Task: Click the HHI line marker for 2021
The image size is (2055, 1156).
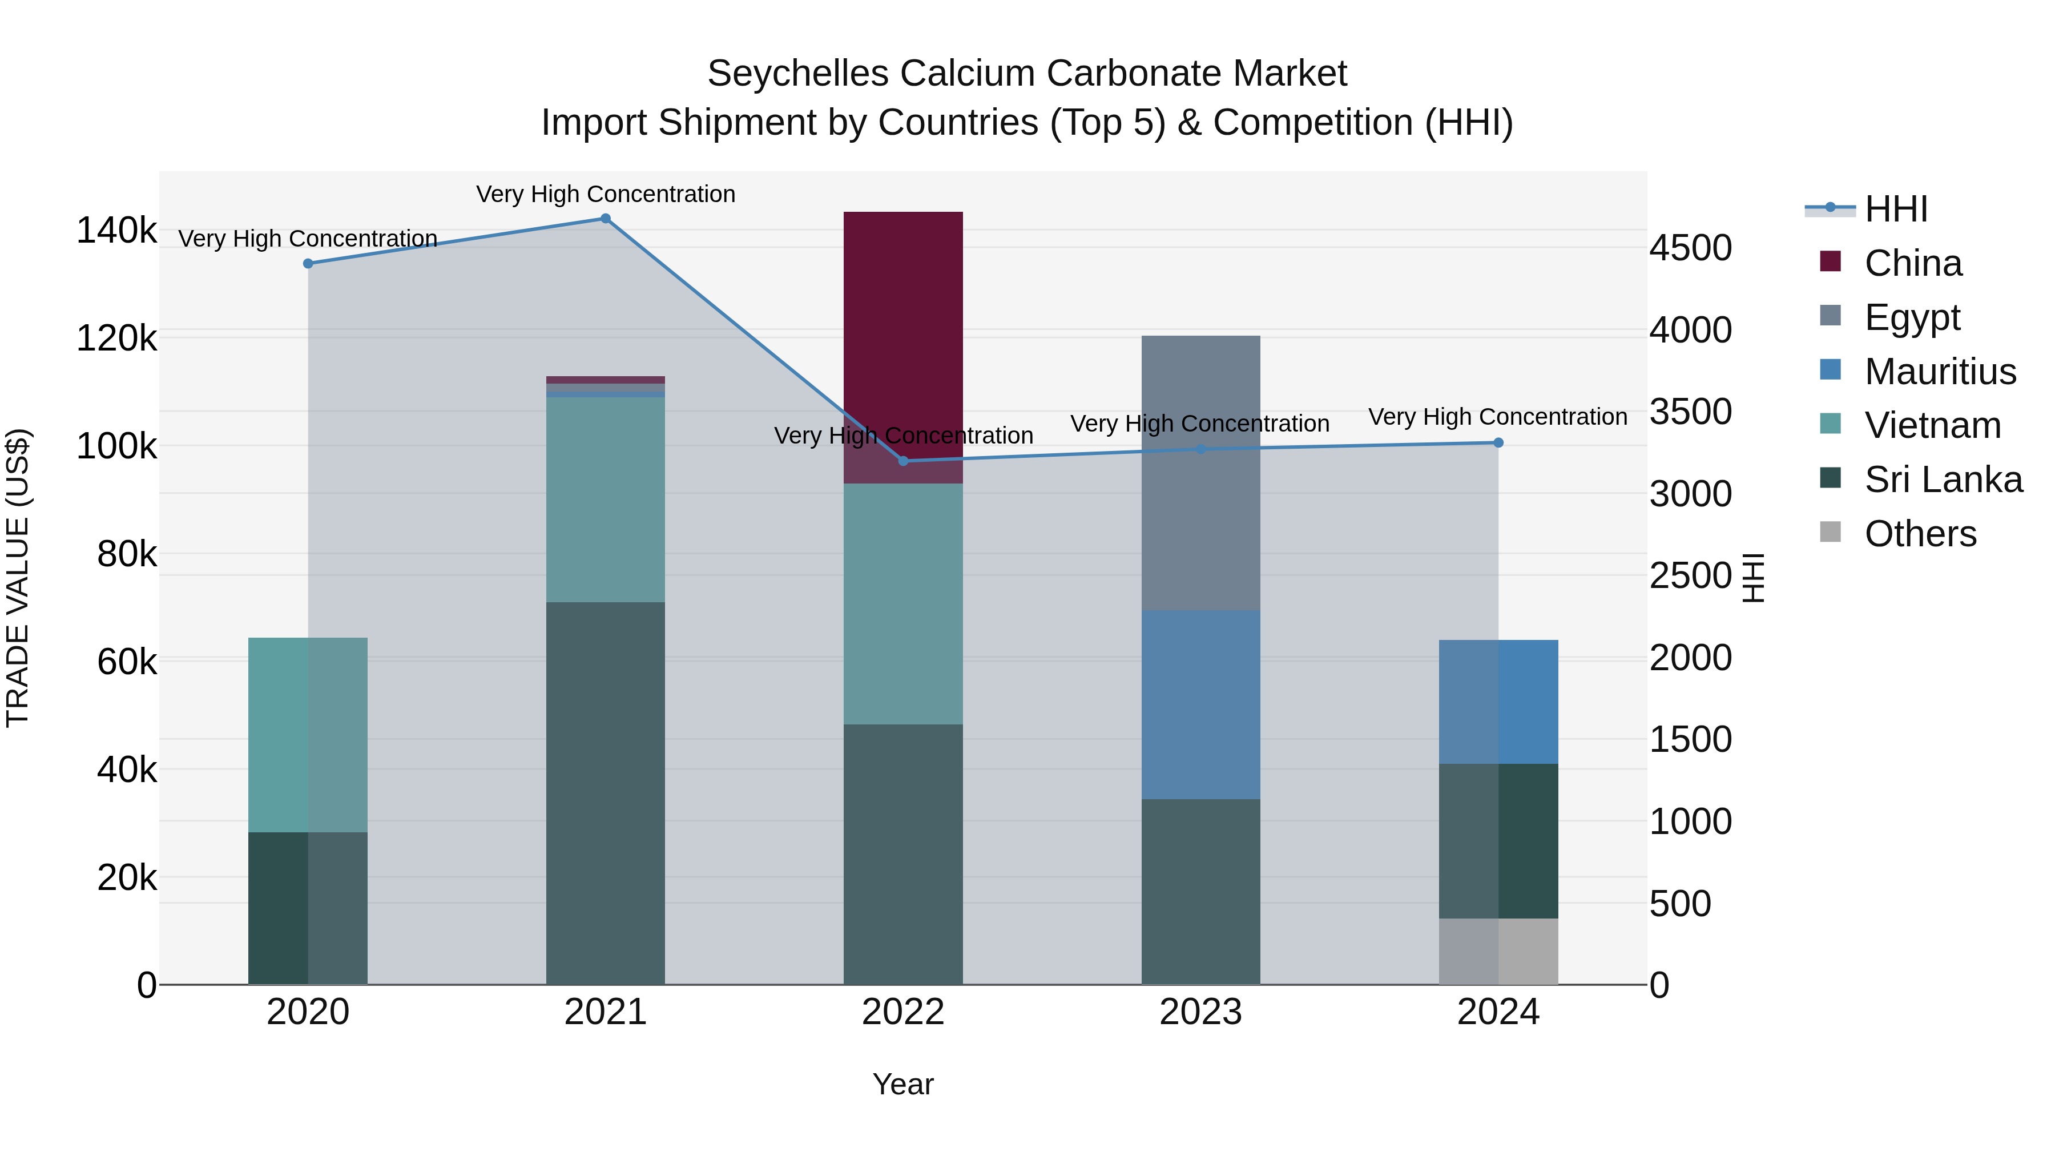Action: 606,219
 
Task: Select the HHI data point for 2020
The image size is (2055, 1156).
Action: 308,263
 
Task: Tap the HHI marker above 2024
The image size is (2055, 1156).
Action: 1498,443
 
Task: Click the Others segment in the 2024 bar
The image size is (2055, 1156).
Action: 1498,951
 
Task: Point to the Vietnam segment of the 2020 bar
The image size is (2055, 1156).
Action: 308,734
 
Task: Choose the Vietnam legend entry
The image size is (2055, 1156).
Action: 1932,425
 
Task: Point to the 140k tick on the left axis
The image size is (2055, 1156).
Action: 116,231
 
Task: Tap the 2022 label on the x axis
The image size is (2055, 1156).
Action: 903,1012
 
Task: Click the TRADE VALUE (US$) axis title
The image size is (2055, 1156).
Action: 18,578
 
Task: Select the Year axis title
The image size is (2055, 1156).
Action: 903,1084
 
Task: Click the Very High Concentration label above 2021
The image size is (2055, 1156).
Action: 606,194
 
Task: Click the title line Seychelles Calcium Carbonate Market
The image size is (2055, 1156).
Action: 1027,74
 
